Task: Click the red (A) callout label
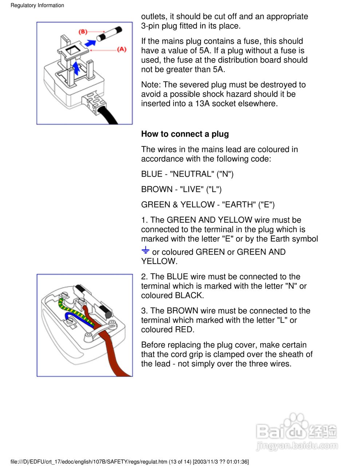[x=122, y=50]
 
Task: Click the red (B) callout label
[x=83, y=32]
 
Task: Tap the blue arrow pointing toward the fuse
[x=90, y=43]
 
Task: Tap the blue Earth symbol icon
[x=145, y=250]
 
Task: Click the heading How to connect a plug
[x=185, y=134]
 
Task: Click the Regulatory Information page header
[x=37, y=5]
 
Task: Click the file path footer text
[x=130, y=462]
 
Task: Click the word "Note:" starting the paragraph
[x=151, y=84]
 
